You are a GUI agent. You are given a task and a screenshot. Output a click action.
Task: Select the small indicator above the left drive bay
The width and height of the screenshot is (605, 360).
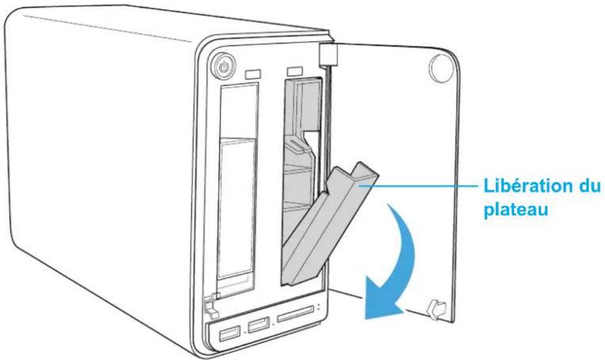click(x=253, y=75)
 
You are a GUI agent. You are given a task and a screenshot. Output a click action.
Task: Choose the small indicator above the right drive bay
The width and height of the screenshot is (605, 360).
click(x=295, y=72)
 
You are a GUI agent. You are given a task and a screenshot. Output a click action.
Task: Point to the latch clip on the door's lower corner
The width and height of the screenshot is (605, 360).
click(x=436, y=308)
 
